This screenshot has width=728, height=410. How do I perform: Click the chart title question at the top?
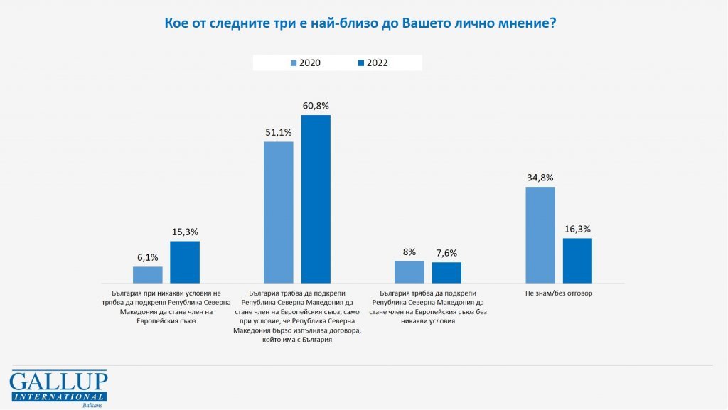click(360, 23)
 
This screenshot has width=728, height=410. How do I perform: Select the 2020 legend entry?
click(306, 63)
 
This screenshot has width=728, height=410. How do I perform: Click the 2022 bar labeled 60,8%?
click(316, 200)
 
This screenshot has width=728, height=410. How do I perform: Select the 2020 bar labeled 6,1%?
click(148, 276)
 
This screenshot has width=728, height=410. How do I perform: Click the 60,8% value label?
click(316, 106)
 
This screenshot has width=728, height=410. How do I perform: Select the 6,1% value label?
click(148, 257)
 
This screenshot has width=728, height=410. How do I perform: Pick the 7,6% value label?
click(446, 253)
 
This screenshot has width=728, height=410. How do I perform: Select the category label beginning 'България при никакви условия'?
click(167, 306)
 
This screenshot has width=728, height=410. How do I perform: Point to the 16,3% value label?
click(577, 229)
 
